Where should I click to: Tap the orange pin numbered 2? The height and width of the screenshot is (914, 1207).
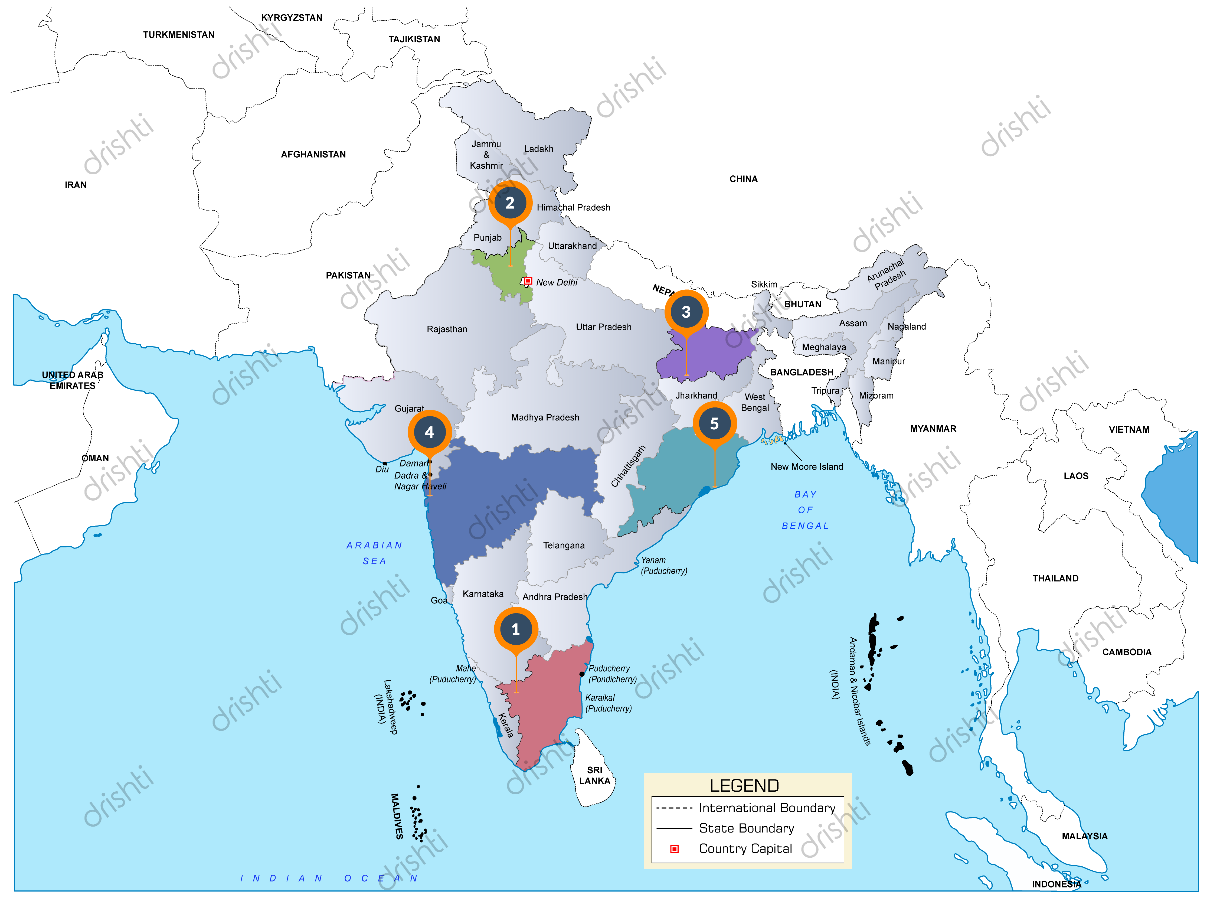(510, 203)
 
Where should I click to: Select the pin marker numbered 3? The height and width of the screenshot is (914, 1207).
(686, 312)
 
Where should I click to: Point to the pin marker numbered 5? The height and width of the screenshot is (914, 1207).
(714, 424)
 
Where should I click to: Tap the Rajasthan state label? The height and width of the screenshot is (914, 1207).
(447, 329)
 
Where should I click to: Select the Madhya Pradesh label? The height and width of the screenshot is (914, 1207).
(545, 417)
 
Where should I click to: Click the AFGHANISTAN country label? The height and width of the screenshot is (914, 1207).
(313, 154)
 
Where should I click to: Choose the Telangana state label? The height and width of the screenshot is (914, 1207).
(564, 545)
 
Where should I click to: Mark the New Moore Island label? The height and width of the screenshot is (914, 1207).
(806, 466)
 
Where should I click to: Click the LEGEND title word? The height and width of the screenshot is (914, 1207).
(744, 786)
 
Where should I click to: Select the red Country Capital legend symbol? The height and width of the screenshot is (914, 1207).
(675, 849)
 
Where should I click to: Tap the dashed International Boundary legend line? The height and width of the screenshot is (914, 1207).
(675, 808)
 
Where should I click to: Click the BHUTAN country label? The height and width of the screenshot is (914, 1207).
(802, 304)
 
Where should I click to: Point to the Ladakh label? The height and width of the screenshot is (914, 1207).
(539, 149)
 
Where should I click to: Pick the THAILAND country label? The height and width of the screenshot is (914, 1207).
(1055, 578)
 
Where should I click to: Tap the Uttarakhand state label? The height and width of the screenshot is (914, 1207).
(572, 246)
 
